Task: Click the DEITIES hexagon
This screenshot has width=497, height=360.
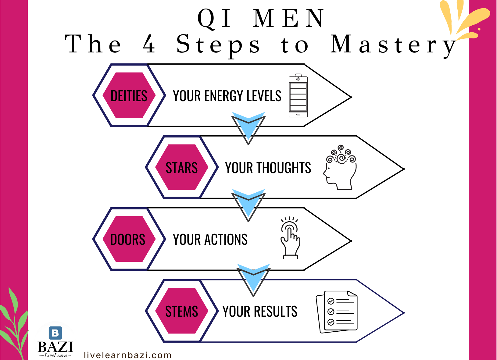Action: coord(129,95)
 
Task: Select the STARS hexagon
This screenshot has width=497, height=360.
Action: coord(182,167)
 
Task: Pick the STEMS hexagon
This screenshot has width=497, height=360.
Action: coord(182,311)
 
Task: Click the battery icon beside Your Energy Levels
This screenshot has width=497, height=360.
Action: coord(298,96)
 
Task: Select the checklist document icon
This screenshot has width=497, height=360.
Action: coord(337,312)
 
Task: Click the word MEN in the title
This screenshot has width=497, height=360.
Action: coord(288,19)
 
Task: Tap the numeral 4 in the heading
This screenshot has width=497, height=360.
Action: coord(149,44)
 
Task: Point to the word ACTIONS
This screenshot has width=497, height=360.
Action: coord(226,240)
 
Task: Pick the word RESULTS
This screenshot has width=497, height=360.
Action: coord(275,312)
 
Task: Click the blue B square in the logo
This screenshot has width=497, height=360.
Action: coord(55,333)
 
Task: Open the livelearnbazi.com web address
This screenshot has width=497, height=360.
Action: coord(127,355)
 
